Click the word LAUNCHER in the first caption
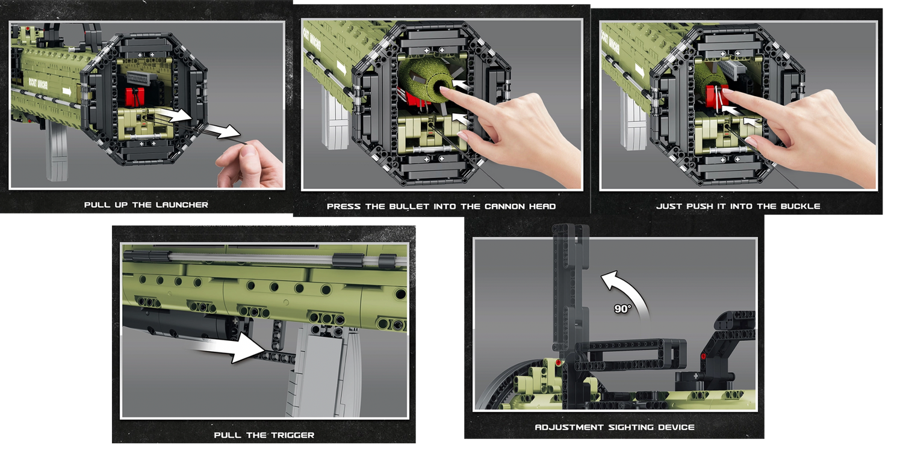pyautogui.click(x=182, y=204)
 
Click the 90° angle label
pyautogui.click(x=622, y=309)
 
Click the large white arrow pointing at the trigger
pyautogui.click(x=232, y=347)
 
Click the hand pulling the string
pyautogui.click(x=250, y=164)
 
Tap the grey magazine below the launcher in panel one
pyautogui.click(x=57, y=152)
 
